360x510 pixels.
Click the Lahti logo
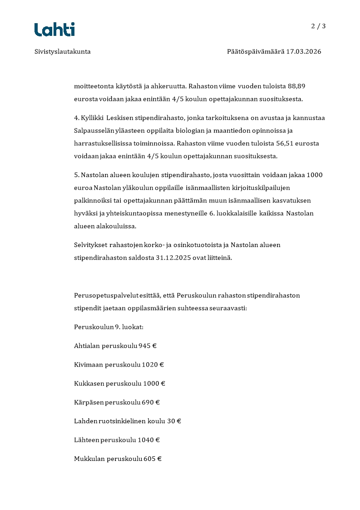(x=54, y=29)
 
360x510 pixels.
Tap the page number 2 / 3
(x=318, y=26)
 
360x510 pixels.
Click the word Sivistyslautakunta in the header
(x=63, y=52)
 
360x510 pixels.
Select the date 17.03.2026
(x=303, y=52)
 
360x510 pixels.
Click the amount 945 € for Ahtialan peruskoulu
(x=148, y=346)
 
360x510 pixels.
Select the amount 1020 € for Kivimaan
(x=153, y=365)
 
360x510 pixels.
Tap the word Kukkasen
(x=89, y=384)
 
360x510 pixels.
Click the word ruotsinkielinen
(x=123, y=421)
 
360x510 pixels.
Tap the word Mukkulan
(x=89, y=459)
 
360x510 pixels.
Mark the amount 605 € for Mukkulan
(x=153, y=459)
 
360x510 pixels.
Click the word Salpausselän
(x=94, y=131)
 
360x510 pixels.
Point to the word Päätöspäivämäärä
(x=255, y=52)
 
